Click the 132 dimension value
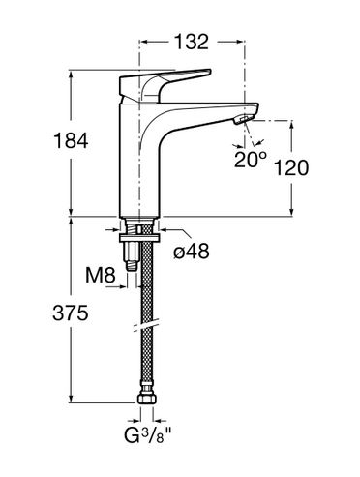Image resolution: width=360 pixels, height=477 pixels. pyautogui.click(x=192, y=42)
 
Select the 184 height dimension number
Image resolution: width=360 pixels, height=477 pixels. pyautogui.click(x=71, y=141)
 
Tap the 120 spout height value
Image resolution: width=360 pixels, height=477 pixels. pyautogui.click(x=291, y=167)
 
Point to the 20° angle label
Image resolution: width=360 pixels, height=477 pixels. pyautogui.click(x=251, y=159)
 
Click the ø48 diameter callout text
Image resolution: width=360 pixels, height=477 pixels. pyautogui.click(x=192, y=252)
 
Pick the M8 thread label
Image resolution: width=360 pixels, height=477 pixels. pyautogui.click(x=101, y=275)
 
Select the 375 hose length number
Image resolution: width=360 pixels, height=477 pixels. pyautogui.click(x=71, y=313)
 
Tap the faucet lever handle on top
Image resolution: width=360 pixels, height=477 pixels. pyautogui.click(x=165, y=84)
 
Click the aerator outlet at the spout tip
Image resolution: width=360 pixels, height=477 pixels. pyautogui.click(x=243, y=120)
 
